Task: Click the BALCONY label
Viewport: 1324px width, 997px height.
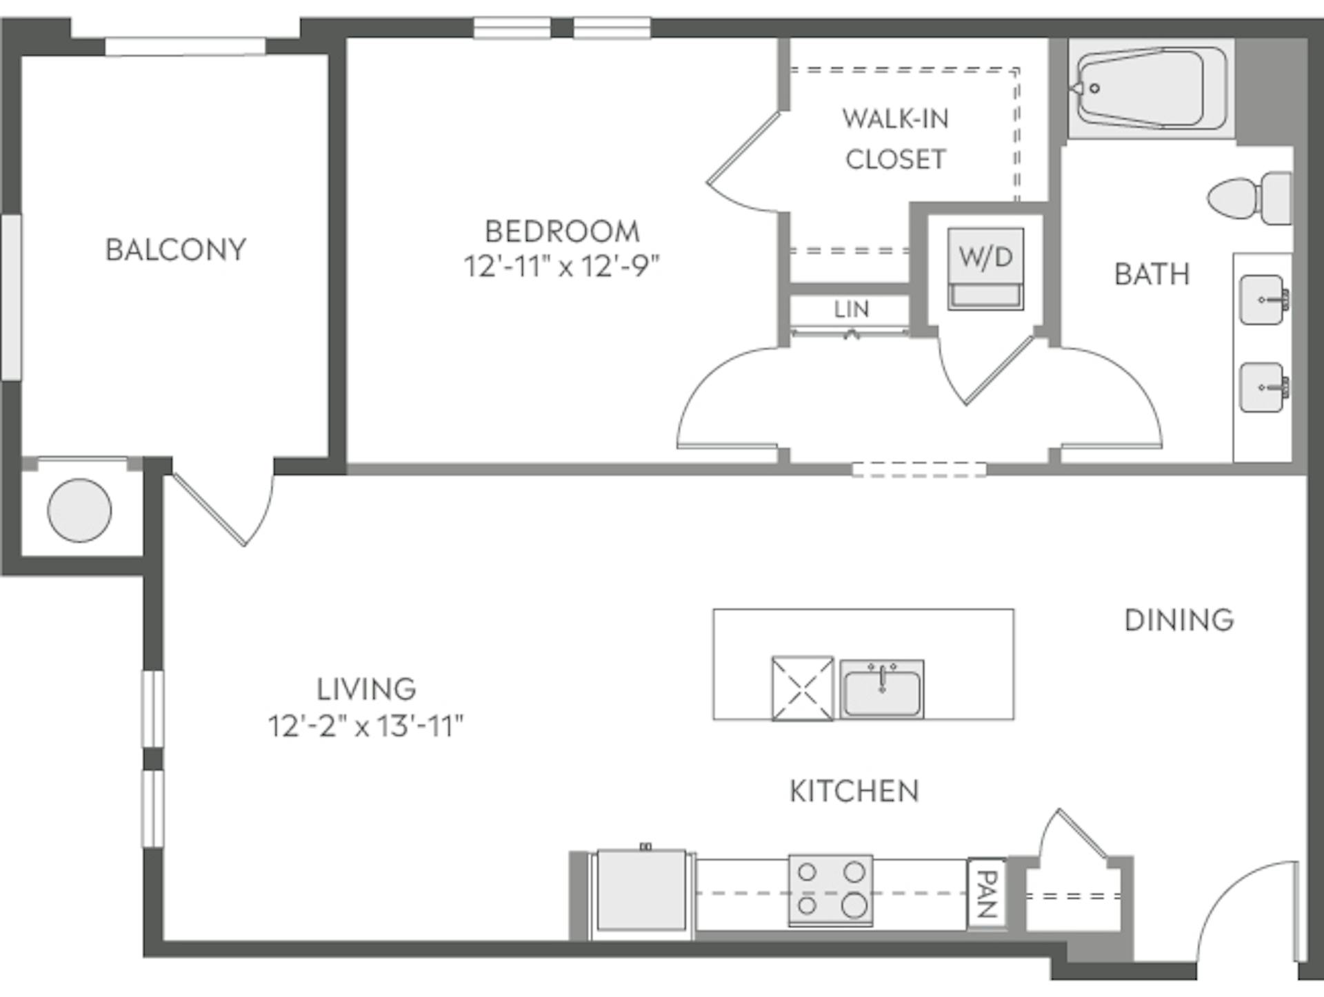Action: tap(175, 249)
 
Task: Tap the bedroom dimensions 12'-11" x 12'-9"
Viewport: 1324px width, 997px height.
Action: tap(561, 267)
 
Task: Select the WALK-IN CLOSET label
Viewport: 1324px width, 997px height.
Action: tap(895, 139)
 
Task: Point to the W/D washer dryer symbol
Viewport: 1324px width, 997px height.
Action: tap(985, 268)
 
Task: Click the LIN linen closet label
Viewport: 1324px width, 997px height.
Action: tap(851, 309)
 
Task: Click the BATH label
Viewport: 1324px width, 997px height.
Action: tap(1152, 274)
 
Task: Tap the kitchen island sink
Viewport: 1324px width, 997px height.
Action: tap(882, 690)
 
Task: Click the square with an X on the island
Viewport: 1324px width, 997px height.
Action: tap(802, 688)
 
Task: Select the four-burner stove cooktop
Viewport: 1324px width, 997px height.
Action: tap(830, 890)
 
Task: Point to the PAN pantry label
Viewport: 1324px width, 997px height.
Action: tap(987, 894)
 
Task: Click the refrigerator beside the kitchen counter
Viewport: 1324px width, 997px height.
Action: tap(641, 890)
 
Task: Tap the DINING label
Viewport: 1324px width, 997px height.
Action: tap(1179, 620)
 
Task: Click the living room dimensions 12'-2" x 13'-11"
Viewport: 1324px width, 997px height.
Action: tap(365, 726)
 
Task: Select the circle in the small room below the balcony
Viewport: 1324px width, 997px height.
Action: tap(79, 510)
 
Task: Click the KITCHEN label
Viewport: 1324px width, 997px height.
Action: tap(854, 791)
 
